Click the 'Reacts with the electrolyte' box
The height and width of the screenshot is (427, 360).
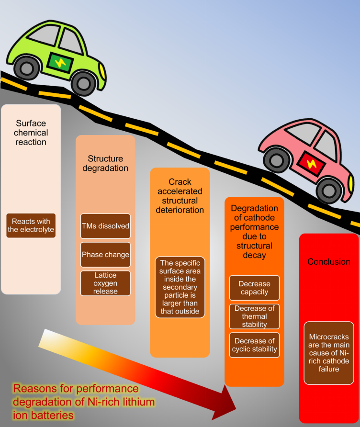[x=31, y=226]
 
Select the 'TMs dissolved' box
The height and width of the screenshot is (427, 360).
[x=105, y=226]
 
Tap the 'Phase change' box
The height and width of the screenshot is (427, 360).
[x=105, y=255]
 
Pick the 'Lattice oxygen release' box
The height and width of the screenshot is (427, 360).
[x=105, y=283]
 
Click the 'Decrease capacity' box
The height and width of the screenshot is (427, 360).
[x=254, y=288]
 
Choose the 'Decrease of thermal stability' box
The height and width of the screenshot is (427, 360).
[x=254, y=316]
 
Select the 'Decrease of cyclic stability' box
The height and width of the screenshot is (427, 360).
[x=254, y=345]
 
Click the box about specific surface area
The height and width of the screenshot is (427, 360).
[x=180, y=287]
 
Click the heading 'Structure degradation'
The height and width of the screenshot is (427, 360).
[x=105, y=163]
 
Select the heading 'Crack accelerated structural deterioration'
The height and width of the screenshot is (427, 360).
[x=180, y=196]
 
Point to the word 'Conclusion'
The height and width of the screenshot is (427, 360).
[x=329, y=262]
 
